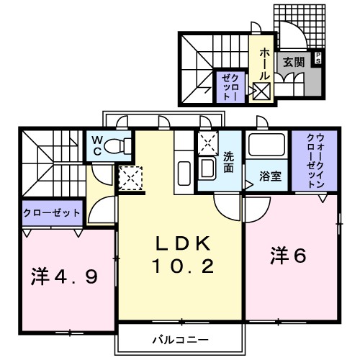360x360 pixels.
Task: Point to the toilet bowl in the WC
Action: (x=117, y=146)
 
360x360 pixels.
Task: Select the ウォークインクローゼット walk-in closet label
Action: (x=315, y=161)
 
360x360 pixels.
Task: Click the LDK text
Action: (x=182, y=243)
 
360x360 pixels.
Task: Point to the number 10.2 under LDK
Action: (x=182, y=268)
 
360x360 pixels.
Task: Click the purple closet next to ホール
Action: (x=228, y=86)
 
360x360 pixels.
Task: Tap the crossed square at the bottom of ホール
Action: (x=261, y=91)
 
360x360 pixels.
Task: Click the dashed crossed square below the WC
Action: (x=131, y=176)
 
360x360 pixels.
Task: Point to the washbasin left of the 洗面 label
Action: (x=207, y=169)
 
